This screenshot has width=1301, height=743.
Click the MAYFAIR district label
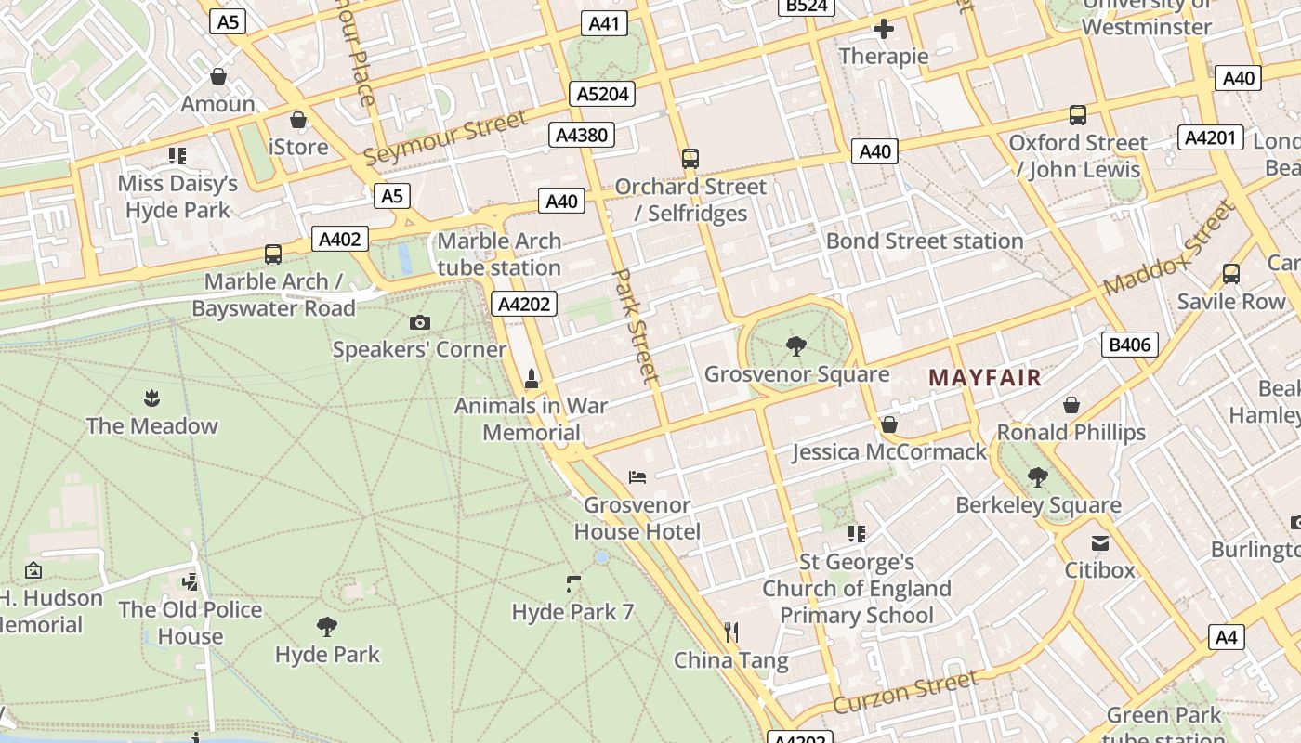click(985, 378)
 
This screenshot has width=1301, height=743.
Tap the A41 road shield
click(603, 23)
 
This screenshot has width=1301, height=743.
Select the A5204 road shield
click(602, 94)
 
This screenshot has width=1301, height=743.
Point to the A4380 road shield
click(581, 135)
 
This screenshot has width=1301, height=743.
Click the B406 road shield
click(1130, 345)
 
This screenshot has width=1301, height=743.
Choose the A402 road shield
click(339, 239)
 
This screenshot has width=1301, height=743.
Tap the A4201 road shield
click(1210, 137)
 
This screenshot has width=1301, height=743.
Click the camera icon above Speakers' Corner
click(420, 322)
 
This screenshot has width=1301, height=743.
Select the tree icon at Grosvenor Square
click(795, 347)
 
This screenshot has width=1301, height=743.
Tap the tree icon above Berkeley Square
click(1038, 477)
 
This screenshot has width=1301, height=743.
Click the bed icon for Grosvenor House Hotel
click(637, 477)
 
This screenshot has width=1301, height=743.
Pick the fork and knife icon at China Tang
click(731, 633)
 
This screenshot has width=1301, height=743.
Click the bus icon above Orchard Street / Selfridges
click(690, 159)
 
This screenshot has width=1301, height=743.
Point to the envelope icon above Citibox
click(1100, 542)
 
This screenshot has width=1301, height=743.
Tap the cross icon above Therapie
click(883, 29)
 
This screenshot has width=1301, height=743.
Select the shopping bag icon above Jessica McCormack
click(889, 424)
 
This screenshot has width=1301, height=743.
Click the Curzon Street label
click(905, 693)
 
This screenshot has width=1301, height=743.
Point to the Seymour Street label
click(445, 137)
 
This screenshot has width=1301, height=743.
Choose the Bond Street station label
click(925, 241)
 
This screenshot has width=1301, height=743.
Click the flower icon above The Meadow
click(151, 399)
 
